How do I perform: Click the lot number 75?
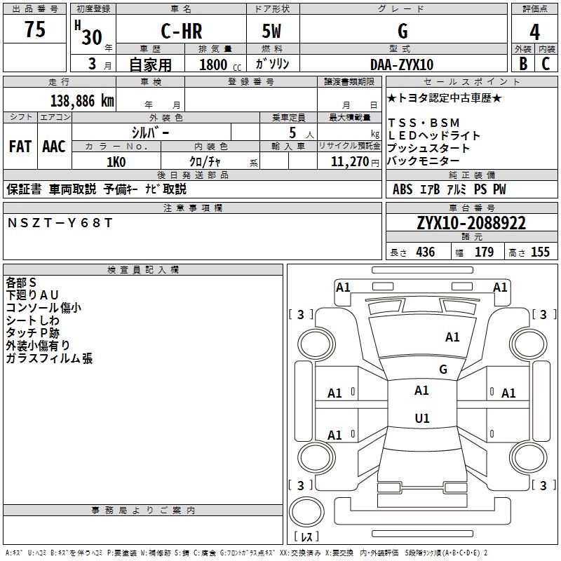(35, 29)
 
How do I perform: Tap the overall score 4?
(534, 32)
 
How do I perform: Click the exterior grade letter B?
(522, 64)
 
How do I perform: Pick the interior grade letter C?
(546, 64)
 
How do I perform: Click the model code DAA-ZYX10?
(402, 65)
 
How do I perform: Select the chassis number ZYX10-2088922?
(471, 223)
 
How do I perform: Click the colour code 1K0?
(116, 162)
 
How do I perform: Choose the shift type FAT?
(20, 147)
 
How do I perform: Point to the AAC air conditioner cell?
(54, 147)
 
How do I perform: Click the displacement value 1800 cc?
(218, 65)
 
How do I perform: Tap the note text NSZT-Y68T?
(59, 223)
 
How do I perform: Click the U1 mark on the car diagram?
(421, 419)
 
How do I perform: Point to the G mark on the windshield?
(442, 369)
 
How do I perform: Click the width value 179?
(484, 252)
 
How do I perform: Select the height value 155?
(540, 252)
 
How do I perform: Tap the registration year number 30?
(92, 37)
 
